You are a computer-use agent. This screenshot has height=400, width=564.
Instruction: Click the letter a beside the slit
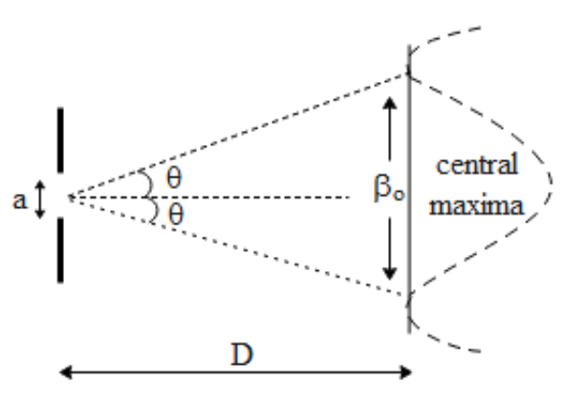(x=20, y=200)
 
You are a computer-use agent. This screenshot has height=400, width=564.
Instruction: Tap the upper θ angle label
(x=174, y=179)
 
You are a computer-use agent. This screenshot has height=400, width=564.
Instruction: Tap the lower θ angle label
(x=176, y=214)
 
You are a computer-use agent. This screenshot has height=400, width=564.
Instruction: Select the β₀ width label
(x=389, y=187)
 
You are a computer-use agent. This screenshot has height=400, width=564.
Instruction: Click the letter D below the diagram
(x=242, y=354)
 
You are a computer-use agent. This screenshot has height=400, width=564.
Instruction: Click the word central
(x=477, y=165)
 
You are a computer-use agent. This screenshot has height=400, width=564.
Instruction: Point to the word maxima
(x=477, y=206)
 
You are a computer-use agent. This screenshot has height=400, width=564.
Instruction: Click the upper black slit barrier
(x=60, y=140)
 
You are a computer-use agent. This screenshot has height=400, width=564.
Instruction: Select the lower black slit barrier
(x=60, y=250)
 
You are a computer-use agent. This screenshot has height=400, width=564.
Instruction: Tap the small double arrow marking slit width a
(x=40, y=200)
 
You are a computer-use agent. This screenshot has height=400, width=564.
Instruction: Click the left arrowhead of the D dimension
(x=65, y=372)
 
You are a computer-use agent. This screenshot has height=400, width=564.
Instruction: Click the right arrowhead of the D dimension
(x=405, y=372)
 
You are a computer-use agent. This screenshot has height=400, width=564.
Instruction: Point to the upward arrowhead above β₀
(x=389, y=103)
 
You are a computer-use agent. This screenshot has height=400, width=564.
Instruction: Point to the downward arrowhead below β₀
(x=389, y=274)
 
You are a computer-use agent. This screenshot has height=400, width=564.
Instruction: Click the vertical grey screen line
(x=409, y=189)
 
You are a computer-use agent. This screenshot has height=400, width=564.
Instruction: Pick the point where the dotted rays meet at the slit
(x=71, y=197)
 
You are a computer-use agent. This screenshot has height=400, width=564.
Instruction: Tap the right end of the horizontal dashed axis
(x=349, y=197)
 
